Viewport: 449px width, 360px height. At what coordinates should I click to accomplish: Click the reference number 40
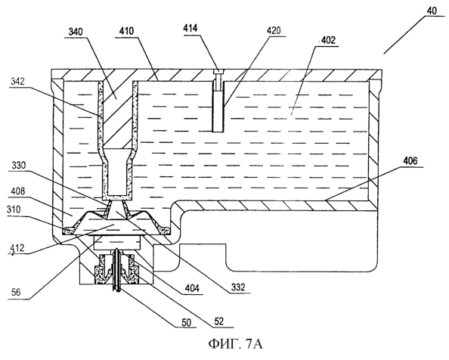tap(432, 11)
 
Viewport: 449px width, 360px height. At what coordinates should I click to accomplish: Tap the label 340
tap(76, 32)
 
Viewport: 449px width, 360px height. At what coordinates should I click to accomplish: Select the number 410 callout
tap(126, 31)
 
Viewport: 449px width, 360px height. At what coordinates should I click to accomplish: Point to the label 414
tap(190, 28)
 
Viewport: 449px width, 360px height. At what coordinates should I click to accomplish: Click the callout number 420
tap(274, 30)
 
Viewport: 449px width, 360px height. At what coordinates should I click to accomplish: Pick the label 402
tap(327, 40)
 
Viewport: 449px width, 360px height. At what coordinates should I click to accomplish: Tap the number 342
tap(17, 82)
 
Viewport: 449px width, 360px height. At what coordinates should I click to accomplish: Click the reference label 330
tap(19, 166)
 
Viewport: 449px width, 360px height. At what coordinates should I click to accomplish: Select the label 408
tap(18, 191)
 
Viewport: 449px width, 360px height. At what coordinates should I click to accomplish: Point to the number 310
tap(14, 209)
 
